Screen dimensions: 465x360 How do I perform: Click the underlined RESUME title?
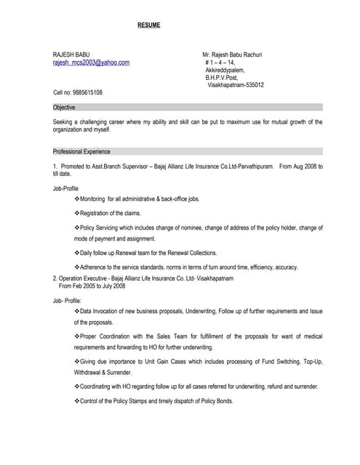[148, 25]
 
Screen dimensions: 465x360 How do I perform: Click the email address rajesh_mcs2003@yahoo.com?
[92, 62]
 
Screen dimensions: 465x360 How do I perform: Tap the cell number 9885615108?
[78, 93]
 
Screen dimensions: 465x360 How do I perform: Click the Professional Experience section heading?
[81, 152]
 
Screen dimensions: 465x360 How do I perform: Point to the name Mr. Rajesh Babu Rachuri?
[232, 54]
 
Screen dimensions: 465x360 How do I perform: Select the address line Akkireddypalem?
[225, 70]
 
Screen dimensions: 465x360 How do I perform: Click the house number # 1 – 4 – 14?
[221, 62]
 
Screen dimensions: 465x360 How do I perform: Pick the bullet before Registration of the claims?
[77, 214]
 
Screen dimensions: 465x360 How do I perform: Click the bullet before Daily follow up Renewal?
[77, 253]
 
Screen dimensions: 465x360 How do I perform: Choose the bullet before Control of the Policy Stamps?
[77, 402]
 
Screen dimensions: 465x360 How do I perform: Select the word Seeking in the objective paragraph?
[64, 122]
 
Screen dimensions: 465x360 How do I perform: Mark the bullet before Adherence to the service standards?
[77, 267]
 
